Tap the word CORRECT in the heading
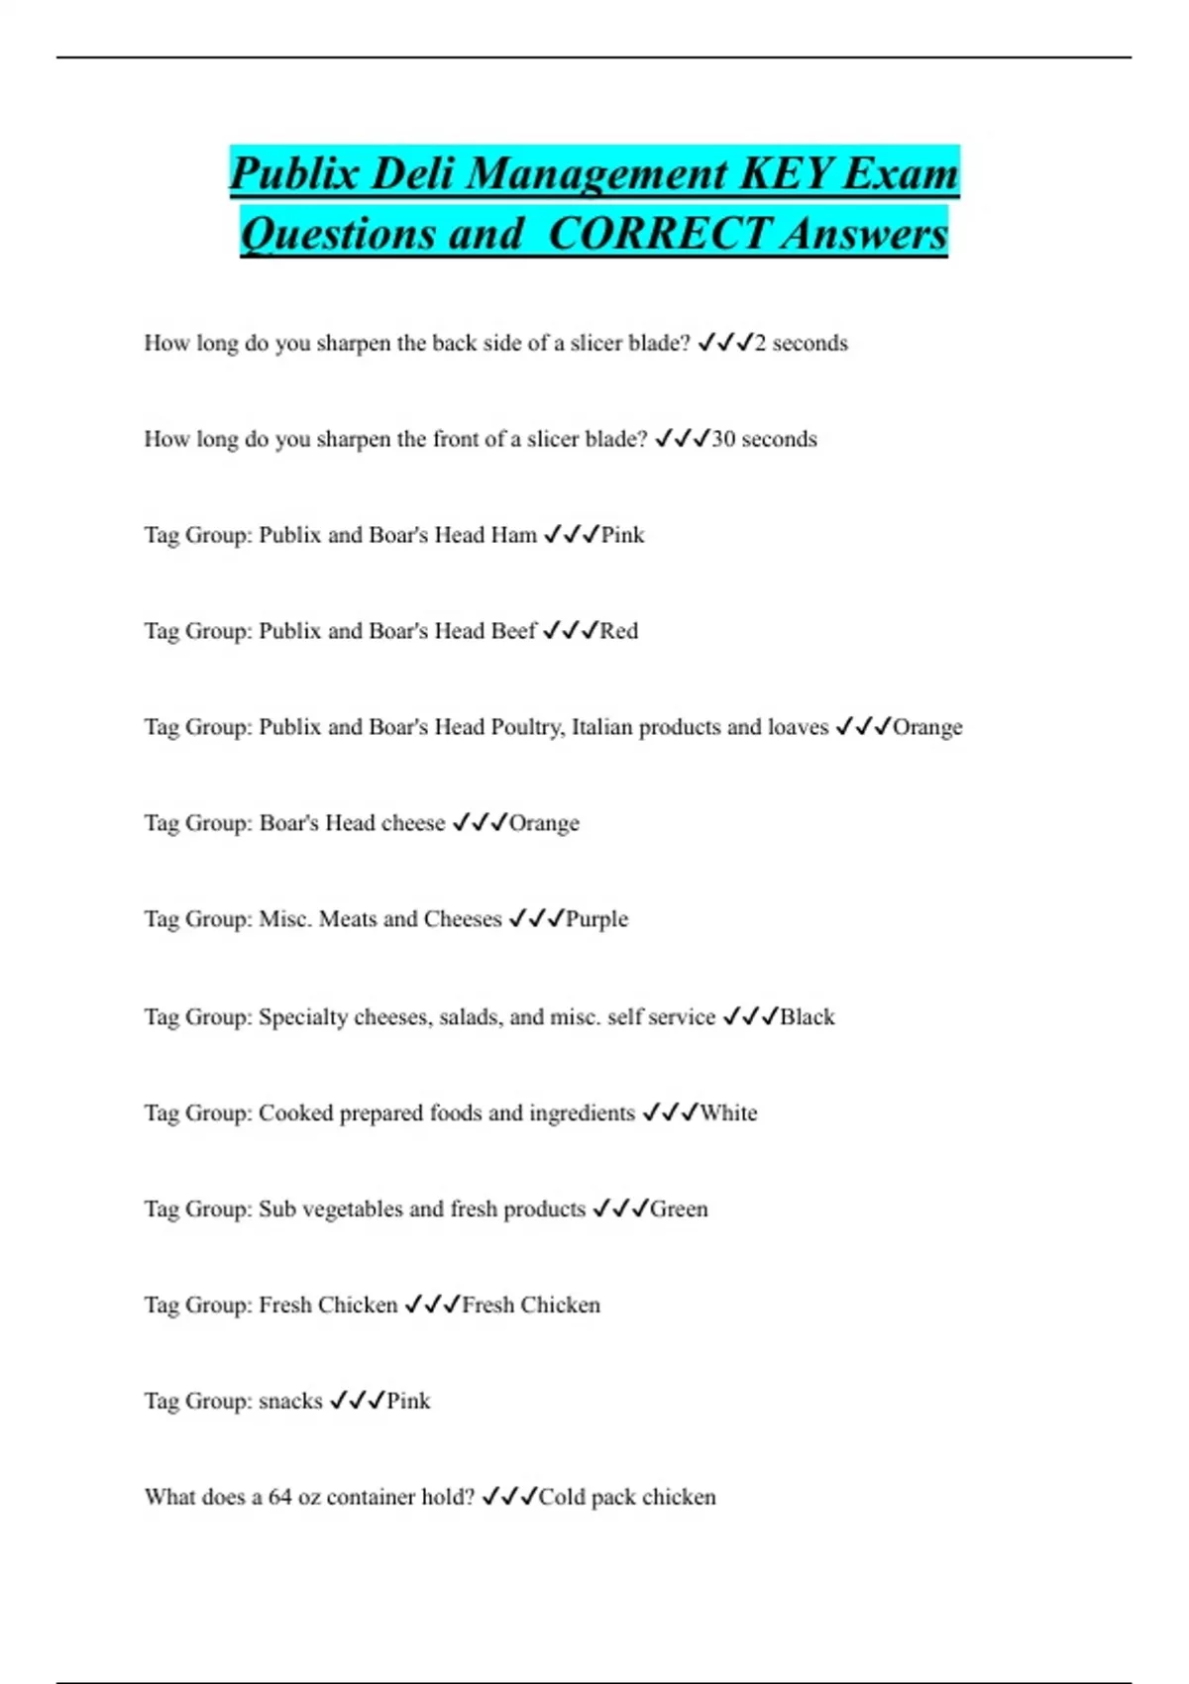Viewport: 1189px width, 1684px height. coord(658,235)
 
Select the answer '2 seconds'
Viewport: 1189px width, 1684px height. coord(801,343)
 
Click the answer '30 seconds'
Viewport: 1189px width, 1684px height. coord(764,439)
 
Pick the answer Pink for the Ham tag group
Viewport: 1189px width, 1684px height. coord(622,535)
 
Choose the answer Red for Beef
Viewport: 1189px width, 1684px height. coord(618,631)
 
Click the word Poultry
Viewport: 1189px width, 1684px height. coord(527,727)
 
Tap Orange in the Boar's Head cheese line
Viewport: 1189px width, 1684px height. coord(544,823)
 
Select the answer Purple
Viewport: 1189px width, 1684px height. coord(596,919)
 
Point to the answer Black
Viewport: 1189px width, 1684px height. coord(807,1016)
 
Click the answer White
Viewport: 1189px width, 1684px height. coord(728,1112)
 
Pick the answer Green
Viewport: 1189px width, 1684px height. coord(679,1209)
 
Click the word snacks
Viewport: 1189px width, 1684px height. coord(290,1401)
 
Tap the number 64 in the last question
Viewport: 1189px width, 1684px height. coord(279,1497)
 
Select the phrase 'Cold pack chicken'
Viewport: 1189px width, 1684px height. coord(626,1497)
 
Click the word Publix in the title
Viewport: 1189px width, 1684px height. coord(293,174)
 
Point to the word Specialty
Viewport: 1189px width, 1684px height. coord(302,1016)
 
